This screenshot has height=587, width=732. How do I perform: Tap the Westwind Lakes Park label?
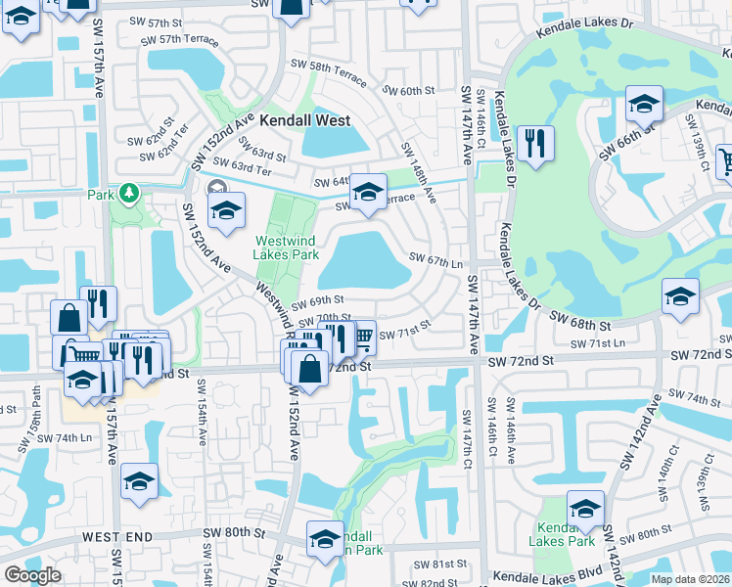pos(287,248)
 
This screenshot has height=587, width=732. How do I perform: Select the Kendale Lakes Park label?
pos(562,532)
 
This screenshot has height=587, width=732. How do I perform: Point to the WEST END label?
pos(117,537)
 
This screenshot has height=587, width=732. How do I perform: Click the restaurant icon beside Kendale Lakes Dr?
pos(534,144)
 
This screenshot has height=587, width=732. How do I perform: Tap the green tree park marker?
pos(127,193)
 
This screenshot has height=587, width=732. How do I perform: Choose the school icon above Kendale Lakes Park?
pos(585,508)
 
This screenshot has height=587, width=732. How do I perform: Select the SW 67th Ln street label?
pos(437,262)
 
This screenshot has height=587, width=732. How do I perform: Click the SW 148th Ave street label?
pos(418,165)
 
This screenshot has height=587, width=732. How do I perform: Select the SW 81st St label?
pos(441,564)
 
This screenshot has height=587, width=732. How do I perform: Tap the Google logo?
pos(32,575)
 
